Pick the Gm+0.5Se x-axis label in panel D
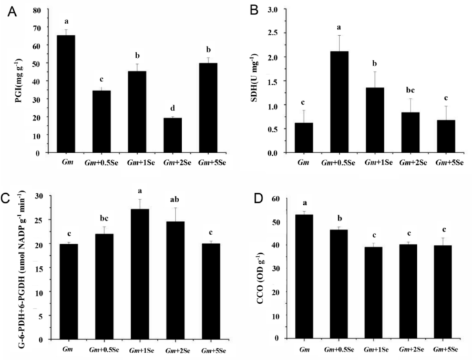(x=342, y=351)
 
